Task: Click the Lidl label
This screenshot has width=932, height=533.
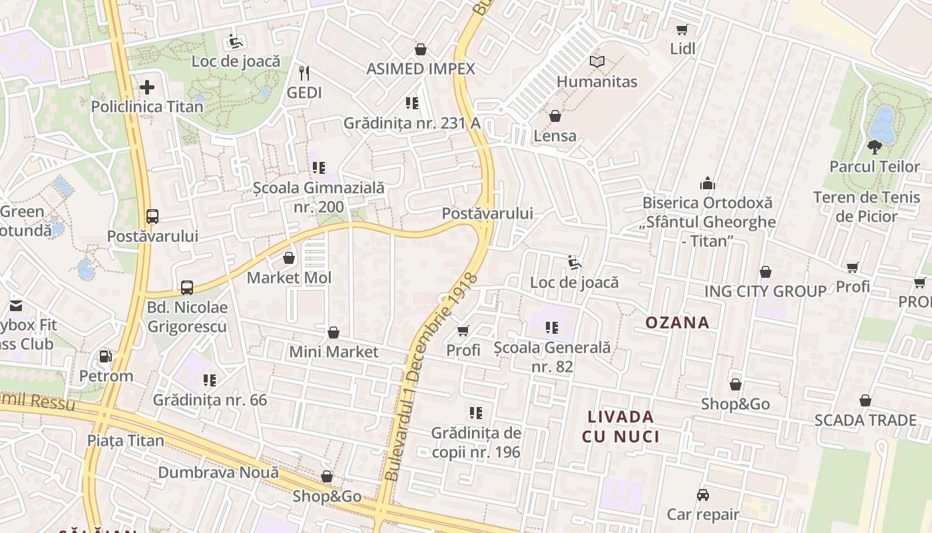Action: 682,49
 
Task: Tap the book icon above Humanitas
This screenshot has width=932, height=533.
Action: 597,62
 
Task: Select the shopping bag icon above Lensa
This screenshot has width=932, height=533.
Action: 555,117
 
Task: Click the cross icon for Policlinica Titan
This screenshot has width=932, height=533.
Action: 147,87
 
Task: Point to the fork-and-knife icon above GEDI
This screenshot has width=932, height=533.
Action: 304,73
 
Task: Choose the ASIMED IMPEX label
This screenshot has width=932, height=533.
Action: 421,69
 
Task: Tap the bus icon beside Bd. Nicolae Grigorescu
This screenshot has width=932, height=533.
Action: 187,288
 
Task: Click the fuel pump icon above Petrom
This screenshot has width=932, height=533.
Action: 105,356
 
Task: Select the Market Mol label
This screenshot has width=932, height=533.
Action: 289,278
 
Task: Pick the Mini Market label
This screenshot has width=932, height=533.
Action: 334,352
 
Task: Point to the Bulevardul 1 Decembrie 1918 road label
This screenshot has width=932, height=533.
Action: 431,376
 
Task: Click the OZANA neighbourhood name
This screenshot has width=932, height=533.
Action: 677,323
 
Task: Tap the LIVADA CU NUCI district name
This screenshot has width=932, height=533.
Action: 620,427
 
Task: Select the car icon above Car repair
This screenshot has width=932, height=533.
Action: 703,495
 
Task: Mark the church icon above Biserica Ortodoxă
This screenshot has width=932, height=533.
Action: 707,183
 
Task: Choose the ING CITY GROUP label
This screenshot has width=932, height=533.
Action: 766,291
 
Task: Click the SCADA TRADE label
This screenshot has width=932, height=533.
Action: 865,420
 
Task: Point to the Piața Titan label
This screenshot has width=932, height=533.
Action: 126,441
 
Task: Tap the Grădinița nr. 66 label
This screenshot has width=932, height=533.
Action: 210,400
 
